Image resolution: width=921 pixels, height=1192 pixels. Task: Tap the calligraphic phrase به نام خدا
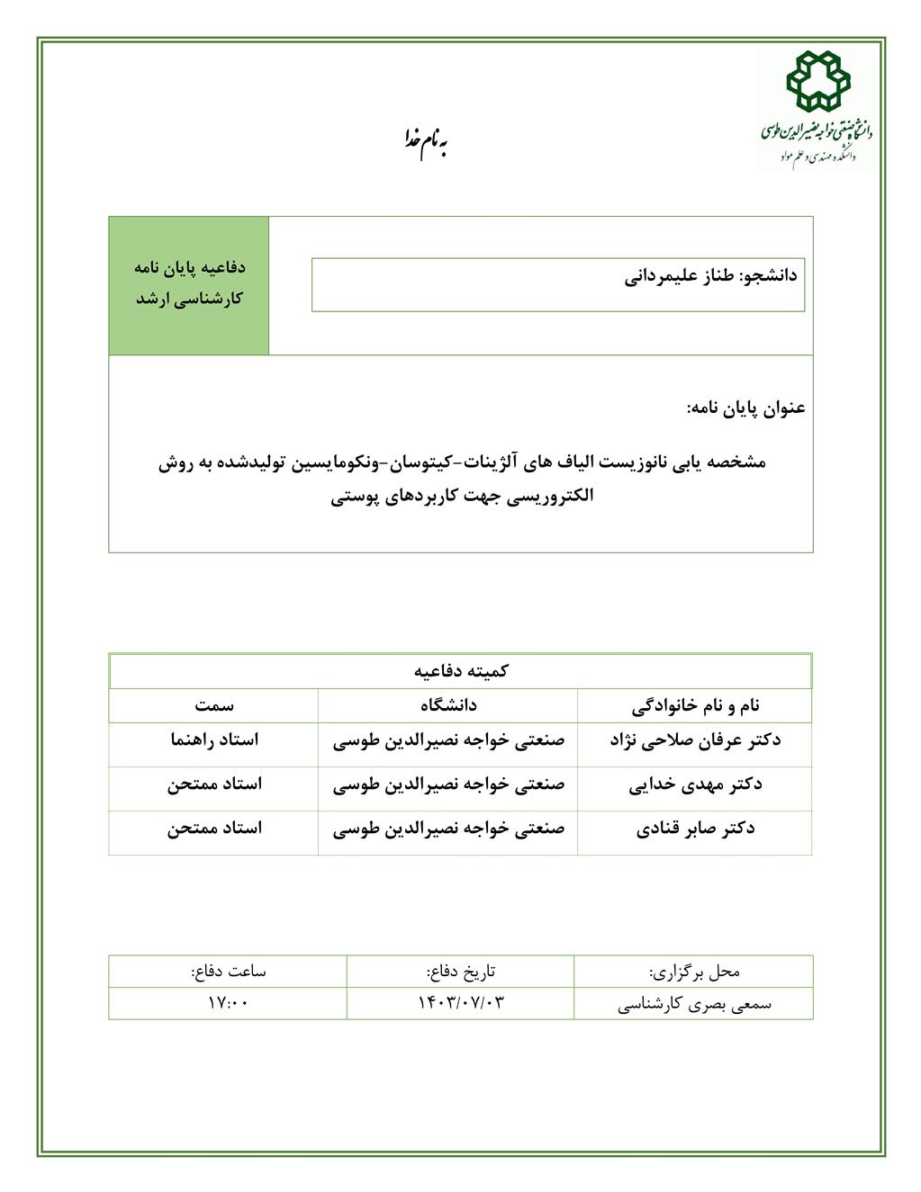pos(423,141)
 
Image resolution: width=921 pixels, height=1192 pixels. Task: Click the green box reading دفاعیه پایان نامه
pos(189,284)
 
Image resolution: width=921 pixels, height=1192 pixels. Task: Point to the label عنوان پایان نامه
pos(745,408)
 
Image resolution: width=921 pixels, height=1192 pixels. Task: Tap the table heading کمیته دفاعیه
pos(461,671)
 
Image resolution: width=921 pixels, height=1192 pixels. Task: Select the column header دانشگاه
pos(448,705)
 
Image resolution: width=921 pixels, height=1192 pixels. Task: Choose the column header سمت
pos(214,705)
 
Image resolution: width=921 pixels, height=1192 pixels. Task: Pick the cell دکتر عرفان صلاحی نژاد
pos(695,740)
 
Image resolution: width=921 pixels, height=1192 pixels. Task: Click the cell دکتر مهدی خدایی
pos(695,784)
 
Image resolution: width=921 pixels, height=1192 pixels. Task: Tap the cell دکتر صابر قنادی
pos(695,829)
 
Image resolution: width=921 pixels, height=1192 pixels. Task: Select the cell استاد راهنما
pos(214,740)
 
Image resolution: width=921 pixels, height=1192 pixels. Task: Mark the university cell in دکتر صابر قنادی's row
pos(448,829)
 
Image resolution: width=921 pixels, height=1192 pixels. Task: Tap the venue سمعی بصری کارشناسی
pos(694,1004)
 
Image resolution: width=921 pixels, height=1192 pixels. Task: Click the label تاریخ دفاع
pos(461,972)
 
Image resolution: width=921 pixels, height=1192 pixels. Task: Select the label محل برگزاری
pos(694,972)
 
